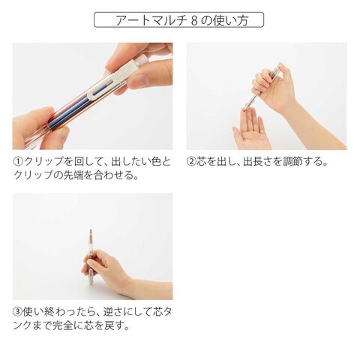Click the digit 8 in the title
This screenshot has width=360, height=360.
(195, 20)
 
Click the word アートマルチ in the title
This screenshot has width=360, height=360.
(151, 20)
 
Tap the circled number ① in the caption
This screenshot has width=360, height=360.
(18, 161)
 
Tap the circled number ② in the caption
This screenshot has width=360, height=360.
(191, 161)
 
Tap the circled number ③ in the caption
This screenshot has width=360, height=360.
(18, 311)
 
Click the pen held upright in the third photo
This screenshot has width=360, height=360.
(91, 257)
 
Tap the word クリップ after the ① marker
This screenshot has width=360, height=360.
(44, 161)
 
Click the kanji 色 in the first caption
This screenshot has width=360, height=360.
(154, 161)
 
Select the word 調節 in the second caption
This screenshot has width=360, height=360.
(293, 161)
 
